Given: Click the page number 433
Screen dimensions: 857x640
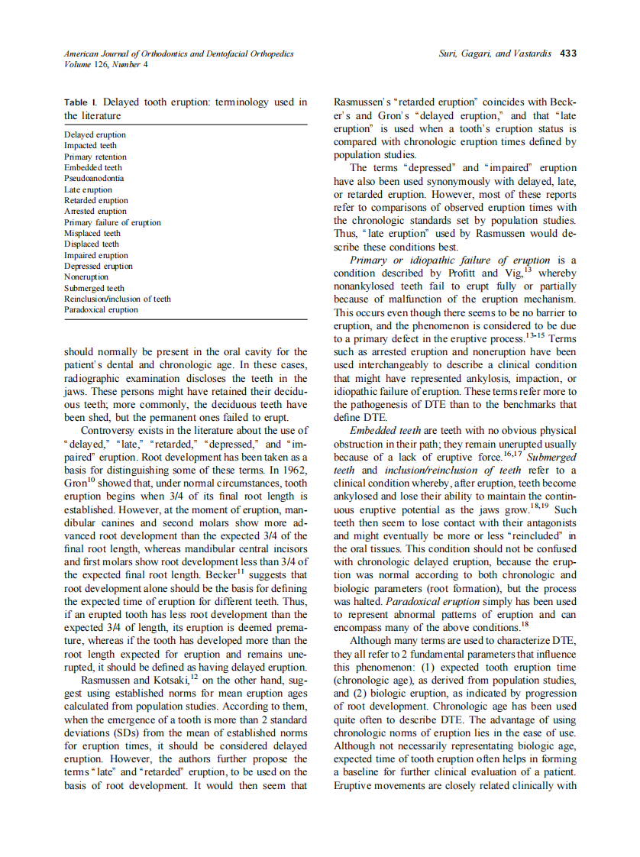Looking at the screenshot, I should (567, 53).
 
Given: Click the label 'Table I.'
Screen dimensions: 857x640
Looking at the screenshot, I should (81, 102).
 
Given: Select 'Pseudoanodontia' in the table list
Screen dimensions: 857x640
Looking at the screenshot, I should (93, 179).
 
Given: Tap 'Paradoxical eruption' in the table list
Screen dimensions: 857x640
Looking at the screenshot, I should (101, 310).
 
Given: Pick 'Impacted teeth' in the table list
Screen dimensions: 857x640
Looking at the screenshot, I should (90, 145).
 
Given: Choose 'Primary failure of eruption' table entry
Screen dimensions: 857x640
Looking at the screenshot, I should (112, 222).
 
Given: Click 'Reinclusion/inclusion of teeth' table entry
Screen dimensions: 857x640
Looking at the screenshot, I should (117, 299).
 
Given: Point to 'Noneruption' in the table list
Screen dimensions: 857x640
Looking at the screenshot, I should (86, 277).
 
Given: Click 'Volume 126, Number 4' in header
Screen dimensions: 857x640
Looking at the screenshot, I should (106, 64).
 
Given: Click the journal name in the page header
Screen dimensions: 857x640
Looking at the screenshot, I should (178, 53).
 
